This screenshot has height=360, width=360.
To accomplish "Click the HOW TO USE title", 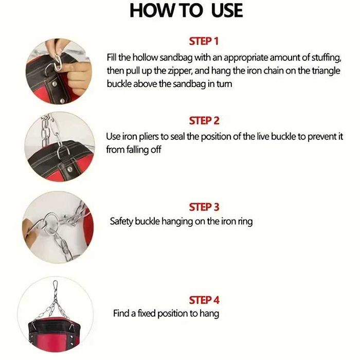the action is pyautogui.click(x=186, y=11).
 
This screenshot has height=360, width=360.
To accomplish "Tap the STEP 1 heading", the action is pyautogui.click(x=204, y=41).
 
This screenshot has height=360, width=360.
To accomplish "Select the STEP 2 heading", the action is pyautogui.click(x=204, y=121).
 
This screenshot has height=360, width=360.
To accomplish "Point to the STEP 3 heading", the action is pyautogui.click(x=204, y=207).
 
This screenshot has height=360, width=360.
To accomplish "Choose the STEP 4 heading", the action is pyautogui.click(x=204, y=300).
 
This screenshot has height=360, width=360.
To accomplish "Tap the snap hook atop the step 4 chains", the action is pyautogui.click(x=55, y=287).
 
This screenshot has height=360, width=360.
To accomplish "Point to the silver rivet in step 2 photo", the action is pyautogui.click(x=69, y=169).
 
